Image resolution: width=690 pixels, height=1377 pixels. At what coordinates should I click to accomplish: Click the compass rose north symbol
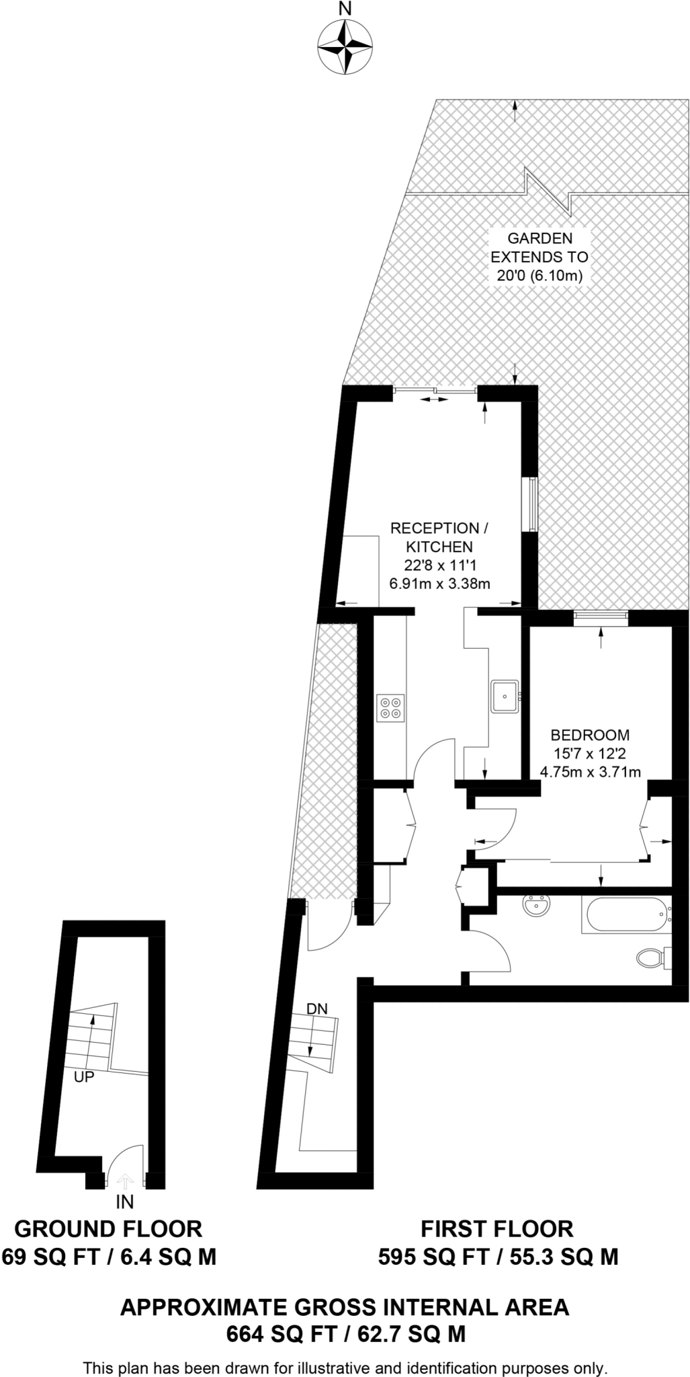coord(345,46)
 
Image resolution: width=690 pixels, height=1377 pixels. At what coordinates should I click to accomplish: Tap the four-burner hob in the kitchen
coord(391,707)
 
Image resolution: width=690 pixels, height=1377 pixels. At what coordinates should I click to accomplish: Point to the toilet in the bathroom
coord(651,957)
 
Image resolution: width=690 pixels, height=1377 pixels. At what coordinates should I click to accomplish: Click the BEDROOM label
coord(590,735)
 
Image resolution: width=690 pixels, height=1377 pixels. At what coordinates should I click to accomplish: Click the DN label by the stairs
coord(317,1009)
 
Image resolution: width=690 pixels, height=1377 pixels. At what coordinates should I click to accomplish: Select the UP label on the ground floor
coord(84,1076)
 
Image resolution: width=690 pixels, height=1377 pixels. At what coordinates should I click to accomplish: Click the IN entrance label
coord(125,1202)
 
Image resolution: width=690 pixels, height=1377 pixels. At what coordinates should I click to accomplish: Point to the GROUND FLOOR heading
coord(108,1229)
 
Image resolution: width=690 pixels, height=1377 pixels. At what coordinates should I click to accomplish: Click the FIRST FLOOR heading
coord(497,1229)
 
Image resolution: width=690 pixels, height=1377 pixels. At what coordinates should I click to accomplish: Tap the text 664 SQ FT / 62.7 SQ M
coord(345,1334)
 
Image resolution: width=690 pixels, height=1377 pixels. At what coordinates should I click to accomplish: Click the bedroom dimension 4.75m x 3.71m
coord(590,772)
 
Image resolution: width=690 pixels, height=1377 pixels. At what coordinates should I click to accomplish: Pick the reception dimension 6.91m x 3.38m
coord(439,584)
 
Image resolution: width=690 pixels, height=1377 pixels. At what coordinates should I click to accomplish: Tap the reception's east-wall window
coord(531,504)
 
